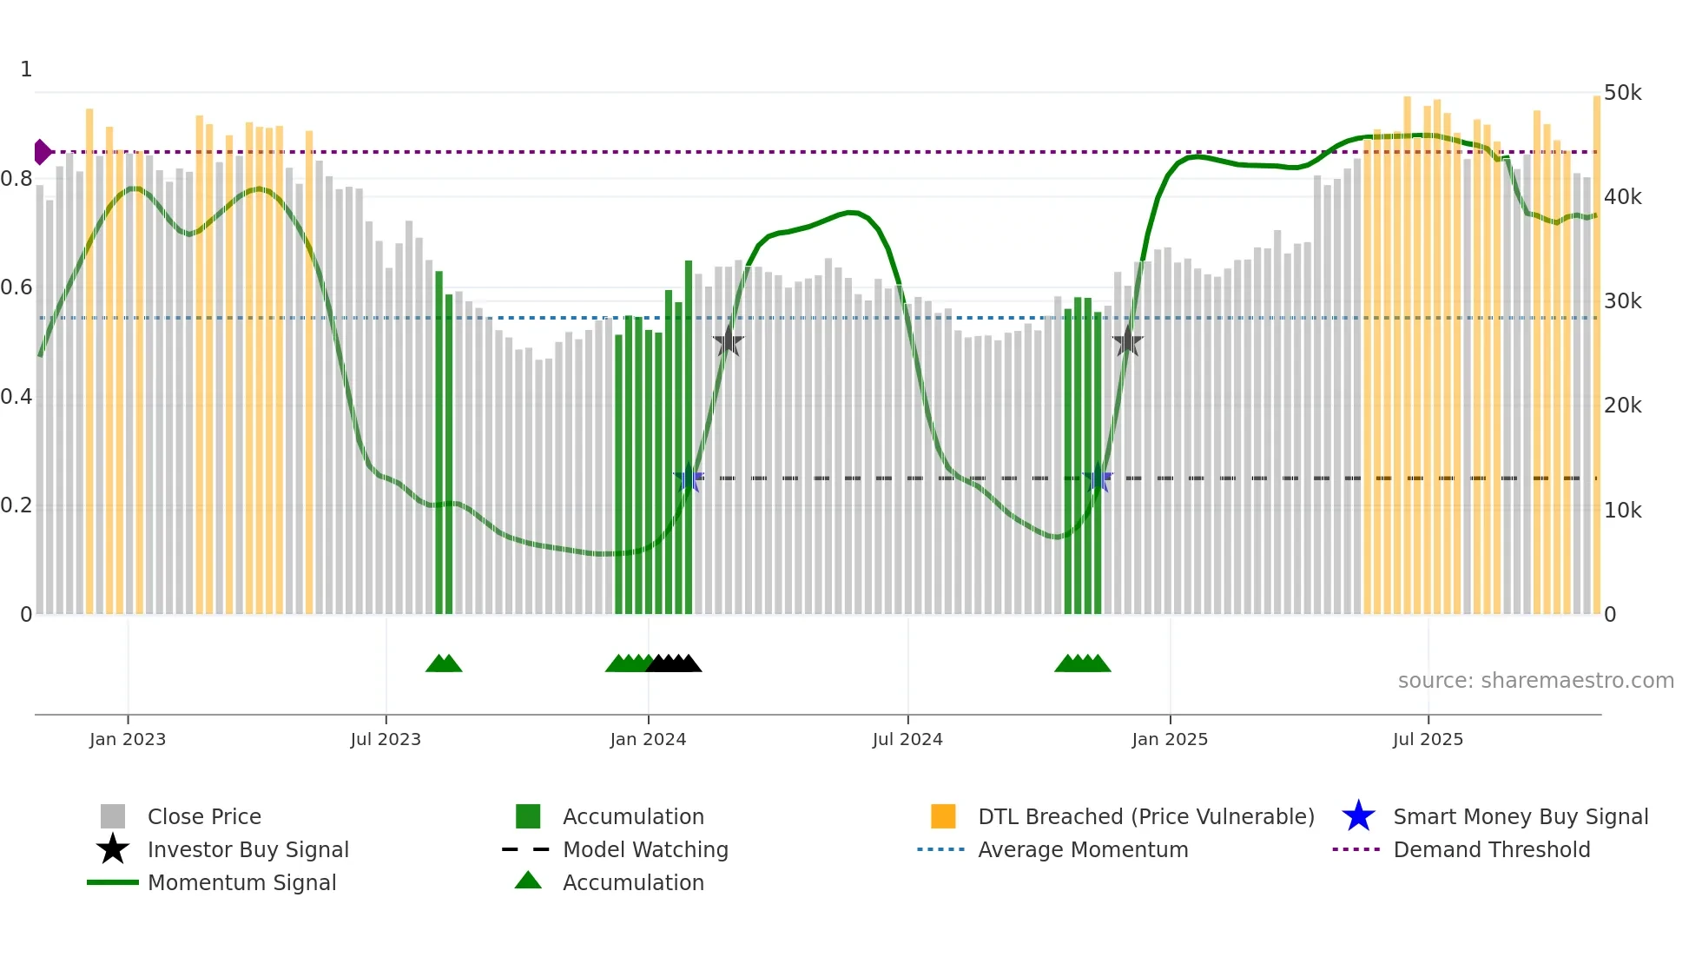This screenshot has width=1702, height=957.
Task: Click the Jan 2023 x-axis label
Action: [127, 739]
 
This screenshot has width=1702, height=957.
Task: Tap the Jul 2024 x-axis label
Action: [907, 739]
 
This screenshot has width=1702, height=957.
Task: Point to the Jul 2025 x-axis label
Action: [1428, 739]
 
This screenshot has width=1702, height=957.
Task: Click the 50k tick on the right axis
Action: [1622, 93]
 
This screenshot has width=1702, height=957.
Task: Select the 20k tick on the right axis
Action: [1622, 406]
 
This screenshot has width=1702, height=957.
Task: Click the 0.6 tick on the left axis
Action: [16, 287]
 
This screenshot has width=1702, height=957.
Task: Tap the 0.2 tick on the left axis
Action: [16, 505]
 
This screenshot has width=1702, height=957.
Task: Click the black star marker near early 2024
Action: [729, 342]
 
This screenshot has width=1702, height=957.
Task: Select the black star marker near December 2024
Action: [1127, 342]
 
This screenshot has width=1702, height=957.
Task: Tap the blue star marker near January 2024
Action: [689, 478]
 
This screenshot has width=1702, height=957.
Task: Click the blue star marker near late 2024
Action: [1098, 478]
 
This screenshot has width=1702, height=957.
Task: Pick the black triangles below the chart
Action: [674, 663]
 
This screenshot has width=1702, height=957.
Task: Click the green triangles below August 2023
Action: [444, 663]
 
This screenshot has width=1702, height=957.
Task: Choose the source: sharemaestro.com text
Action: [1535, 681]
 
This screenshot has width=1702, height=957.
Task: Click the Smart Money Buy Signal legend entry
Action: [1520, 816]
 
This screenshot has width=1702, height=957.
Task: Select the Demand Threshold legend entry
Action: [1491, 849]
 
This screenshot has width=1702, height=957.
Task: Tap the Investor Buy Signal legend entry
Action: [247, 849]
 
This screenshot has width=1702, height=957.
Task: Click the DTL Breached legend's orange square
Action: [943, 816]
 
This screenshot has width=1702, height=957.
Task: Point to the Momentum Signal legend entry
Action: [241, 882]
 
